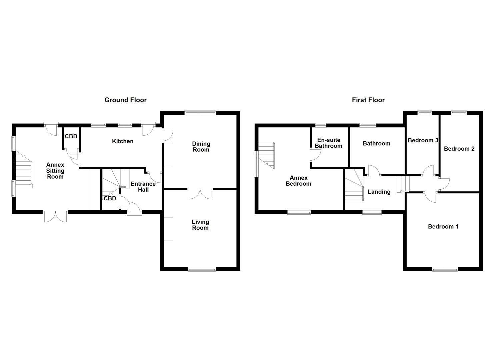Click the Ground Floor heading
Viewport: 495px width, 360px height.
[125, 100]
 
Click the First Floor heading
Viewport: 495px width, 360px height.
[368, 100]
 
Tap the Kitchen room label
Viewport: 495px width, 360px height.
[123, 141]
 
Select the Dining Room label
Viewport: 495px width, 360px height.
[201, 147]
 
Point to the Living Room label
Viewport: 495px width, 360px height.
[200, 225]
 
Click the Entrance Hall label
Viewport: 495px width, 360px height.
[143, 187]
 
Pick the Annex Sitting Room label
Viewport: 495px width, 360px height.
[55, 171]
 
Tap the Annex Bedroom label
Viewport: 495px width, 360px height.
[298, 181]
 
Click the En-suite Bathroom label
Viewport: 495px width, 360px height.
[329, 143]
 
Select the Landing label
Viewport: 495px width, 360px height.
[379, 192]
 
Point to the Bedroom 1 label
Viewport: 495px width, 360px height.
[443, 227]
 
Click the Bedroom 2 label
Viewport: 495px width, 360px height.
[459, 149]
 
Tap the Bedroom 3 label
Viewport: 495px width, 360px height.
[423, 140]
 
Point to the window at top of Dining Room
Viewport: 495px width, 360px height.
[200, 113]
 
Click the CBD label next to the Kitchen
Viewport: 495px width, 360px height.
[71, 136]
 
